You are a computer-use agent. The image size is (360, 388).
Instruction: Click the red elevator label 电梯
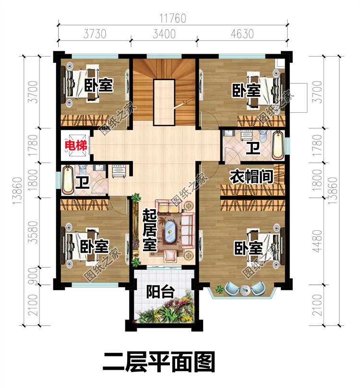76,146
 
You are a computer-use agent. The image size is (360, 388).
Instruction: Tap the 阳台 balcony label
160,292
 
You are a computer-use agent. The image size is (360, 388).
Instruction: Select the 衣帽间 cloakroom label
252,176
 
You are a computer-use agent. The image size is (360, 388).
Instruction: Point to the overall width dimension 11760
173,19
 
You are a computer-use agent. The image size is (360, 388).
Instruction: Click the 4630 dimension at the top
242,34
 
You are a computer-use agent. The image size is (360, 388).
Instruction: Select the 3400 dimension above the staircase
164,34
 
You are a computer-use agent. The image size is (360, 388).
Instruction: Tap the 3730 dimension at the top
95,34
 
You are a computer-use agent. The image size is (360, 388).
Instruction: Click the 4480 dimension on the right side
317,241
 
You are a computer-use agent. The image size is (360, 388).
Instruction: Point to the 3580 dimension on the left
33,232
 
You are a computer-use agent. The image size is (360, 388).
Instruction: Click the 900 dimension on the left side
33,276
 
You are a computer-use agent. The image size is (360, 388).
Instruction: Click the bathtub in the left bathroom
68,180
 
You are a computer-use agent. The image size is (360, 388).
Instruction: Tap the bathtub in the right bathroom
278,145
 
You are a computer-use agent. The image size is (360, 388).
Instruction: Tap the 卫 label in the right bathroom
253,148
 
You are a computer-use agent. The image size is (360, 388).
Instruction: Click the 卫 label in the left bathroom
83,182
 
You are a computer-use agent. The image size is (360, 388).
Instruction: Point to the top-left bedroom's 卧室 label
99,85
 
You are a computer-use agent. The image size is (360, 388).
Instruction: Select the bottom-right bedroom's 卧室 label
248,248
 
